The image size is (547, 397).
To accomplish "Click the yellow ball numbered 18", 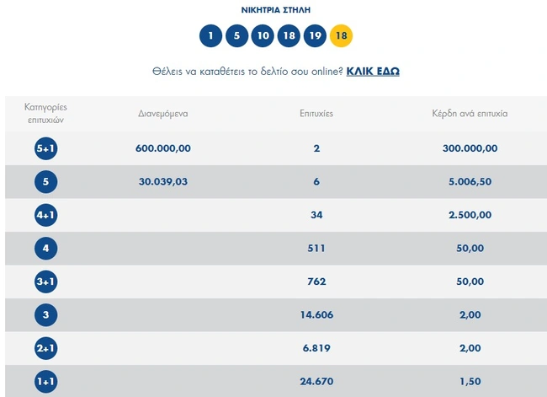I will point(341,36).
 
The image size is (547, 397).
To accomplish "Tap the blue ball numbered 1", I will point(210,36).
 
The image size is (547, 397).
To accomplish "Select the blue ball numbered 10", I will point(263,36).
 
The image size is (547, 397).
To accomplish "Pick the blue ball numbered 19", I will point(315,36).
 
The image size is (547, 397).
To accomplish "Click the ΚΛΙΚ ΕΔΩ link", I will point(373,72).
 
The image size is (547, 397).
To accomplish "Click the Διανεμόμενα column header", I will point(163,113).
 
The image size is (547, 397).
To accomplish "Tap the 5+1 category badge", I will point(45,148).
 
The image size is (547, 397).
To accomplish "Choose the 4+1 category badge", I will point(45,215).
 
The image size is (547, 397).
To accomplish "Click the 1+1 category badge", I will point(45,381).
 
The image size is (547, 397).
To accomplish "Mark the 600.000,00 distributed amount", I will point(163,148).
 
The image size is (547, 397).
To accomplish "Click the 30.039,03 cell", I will point(163,181).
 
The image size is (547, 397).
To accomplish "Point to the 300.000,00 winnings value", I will point(470,148).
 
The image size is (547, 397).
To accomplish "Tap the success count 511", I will point(316,248).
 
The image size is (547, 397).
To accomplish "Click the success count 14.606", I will point(316,314).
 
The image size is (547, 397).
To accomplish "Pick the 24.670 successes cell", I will point(316,381).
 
